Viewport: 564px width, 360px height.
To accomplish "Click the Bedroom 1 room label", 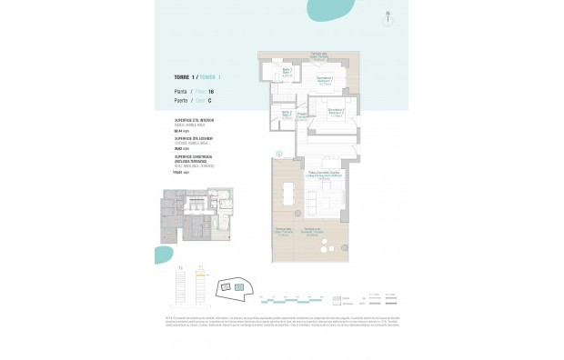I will (325, 80).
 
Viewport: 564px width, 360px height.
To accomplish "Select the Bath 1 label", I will (285, 72).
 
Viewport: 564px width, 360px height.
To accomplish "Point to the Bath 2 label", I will (286, 115).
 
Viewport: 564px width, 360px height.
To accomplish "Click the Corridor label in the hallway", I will (301, 115).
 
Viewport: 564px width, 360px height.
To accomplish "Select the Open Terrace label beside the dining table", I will (283, 230).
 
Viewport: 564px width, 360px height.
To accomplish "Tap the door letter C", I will (211, 101).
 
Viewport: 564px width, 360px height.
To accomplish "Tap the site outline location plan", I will (232, 287).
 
